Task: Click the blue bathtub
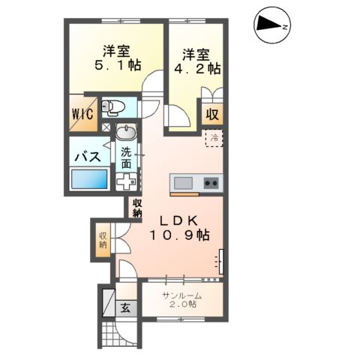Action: coord(89,181)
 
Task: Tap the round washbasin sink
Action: coord(126,133)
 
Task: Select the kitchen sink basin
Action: coord(183,182)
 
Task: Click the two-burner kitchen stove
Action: coord(209,182)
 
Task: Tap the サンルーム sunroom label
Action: coord(182,296)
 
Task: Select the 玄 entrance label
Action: coord(126,306)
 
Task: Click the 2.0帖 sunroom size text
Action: coord(182,307)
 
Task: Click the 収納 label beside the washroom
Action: coord(138,208)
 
